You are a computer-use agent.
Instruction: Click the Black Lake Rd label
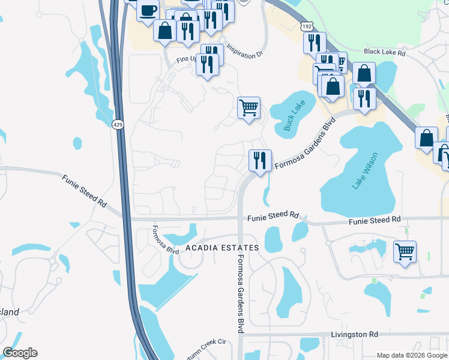[x=384, y=52]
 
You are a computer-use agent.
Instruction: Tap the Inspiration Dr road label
[x=244, y=49]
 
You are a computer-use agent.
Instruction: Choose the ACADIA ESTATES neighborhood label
[x=221, y=248]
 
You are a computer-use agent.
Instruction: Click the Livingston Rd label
[x=354, y=334]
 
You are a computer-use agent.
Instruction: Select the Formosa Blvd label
[x=165, y=239]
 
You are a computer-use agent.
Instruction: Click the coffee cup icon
[x=148, y=10]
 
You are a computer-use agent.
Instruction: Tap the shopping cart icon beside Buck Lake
[x=249, y=108]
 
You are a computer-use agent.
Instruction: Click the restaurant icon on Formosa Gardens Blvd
[x=260, y=160]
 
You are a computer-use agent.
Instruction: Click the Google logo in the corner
[x=20, y=353]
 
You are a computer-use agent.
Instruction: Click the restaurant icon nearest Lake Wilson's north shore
[x=364, y=98]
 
